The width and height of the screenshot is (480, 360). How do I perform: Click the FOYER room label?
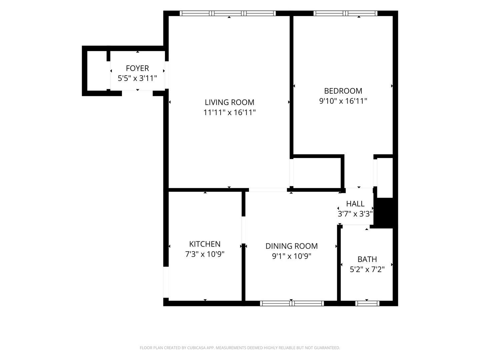(x=137, y=68)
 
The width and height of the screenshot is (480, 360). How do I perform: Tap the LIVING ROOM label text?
(x=229, y=102)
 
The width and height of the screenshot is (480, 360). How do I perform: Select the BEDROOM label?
(x=343, y=91)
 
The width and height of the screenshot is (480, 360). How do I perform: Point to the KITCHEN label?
(x=205, y=244)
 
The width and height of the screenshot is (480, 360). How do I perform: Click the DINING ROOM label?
(x=291, y=246)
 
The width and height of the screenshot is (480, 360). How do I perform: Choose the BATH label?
(x=367, y=259)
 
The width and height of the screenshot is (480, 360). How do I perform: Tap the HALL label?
(x=355, y=204)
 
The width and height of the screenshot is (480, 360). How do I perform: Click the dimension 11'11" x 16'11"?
(x=229, y=112)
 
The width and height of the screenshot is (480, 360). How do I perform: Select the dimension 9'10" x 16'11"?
(x=343, y=101)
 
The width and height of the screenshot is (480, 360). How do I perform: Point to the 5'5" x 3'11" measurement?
(x=137, y=78)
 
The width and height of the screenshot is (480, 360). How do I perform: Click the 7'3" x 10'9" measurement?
(x=205, y=254)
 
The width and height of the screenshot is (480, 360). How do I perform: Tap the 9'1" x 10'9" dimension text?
(x=291, y=256)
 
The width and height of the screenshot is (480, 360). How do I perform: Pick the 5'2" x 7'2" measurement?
(x=367, y=269)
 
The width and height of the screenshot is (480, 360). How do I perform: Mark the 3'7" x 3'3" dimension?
(x=355, y=214)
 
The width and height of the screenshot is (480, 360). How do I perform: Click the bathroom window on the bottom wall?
(x=367, y=303)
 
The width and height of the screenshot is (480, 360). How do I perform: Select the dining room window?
(x=292, y=303)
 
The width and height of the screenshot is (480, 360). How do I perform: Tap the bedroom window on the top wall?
(x=345, y=13)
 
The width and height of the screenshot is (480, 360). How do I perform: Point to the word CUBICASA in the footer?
(x=196, y=348)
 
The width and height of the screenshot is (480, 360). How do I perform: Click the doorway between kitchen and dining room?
(x=243, y=230)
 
